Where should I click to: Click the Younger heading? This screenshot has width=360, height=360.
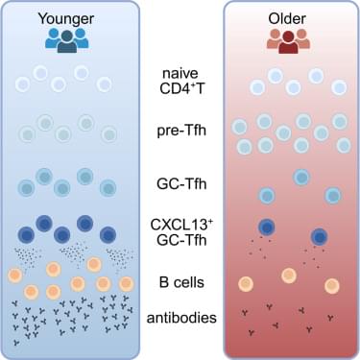coord(66,18)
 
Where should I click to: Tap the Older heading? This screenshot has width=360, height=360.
coord(287,18)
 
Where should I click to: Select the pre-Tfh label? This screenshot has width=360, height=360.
coord(181,131)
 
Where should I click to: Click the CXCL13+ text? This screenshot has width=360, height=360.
coord(181,225)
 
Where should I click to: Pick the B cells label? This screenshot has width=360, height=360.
coord(181,282)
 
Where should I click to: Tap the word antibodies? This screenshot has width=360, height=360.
coord(181,318)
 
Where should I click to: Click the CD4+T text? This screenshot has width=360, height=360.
coord(181,88)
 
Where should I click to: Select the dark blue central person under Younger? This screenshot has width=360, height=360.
coord(67,41)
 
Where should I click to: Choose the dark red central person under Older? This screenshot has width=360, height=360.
coord(288,42)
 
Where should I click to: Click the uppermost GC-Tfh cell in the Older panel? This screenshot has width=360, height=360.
coord(301,177)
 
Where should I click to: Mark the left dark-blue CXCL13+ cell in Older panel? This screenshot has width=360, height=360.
coord(267,227)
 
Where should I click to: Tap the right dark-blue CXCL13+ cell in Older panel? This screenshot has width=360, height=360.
coord(319,237)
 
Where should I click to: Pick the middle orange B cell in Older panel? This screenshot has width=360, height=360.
coord(289,276)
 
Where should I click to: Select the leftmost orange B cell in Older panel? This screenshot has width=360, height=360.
coord(246,284)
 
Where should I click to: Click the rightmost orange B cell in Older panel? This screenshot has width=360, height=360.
coord(331,286)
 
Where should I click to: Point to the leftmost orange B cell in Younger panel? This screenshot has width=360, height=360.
coord(15,276)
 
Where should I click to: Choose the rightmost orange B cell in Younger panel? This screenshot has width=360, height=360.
coord(127,283)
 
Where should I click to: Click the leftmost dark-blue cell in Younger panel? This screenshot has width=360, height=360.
coord(26,235)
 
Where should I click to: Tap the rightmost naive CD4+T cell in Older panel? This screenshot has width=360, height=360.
coord(339,87)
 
